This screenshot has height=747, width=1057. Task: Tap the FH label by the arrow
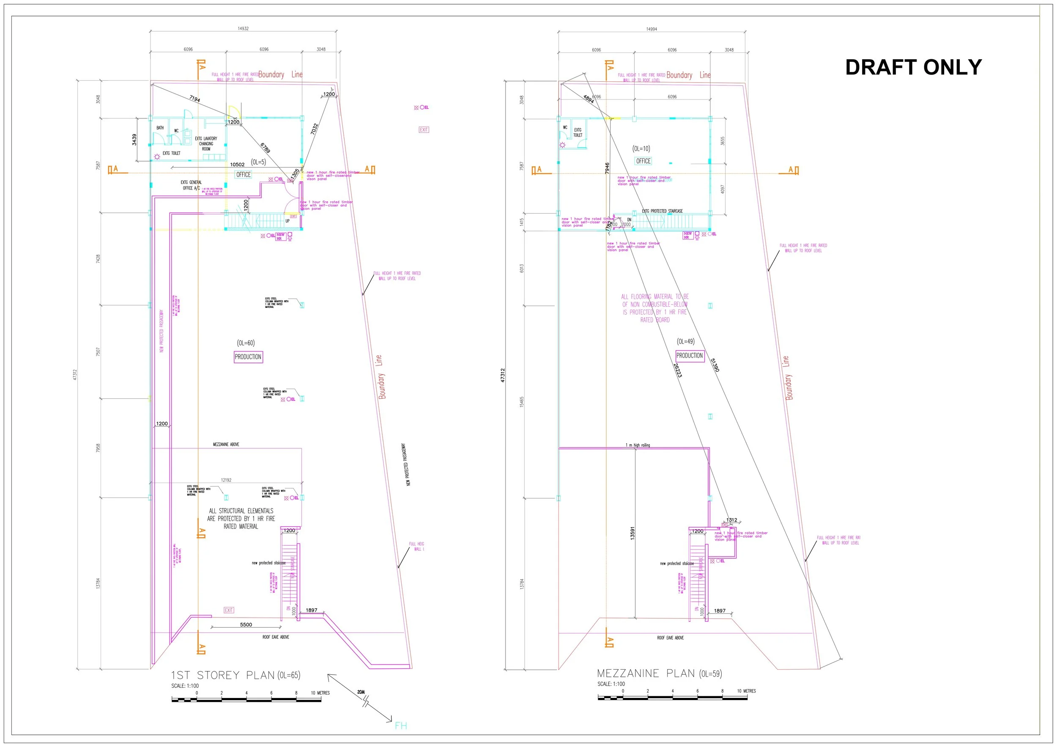click(x=400, y=726)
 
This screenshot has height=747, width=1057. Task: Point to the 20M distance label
click(x=361, y=692)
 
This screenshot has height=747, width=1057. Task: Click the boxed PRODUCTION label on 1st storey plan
click(x=248, y=357)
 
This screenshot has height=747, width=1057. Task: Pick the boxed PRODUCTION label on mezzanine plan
click(x=689, y=356)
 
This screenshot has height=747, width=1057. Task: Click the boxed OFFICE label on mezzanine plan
click(x=643, y=161)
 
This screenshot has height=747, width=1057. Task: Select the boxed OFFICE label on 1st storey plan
click(x=244, y=175)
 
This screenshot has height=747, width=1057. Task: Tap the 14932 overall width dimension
click(x=243, y=29)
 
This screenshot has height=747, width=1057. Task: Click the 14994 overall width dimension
click(x=652, y=29)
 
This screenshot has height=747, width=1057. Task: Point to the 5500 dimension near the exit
click(x=246, y=625)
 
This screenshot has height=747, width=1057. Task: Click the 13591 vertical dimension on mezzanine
click(x=633, y=533)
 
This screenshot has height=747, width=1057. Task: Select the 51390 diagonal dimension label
click(x=715, y=365)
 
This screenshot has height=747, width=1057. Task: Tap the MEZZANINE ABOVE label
click(x=226, y=445)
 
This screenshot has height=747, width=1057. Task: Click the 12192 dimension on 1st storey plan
click(x=226, y=480)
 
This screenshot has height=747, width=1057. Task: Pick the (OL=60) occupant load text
click(x=246, y=343)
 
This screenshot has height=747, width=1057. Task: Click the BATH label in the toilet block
click(x=160, y=128)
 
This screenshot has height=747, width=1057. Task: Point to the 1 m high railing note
click(x=638, y=445)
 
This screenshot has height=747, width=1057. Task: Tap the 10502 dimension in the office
click(x=237, y=165)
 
